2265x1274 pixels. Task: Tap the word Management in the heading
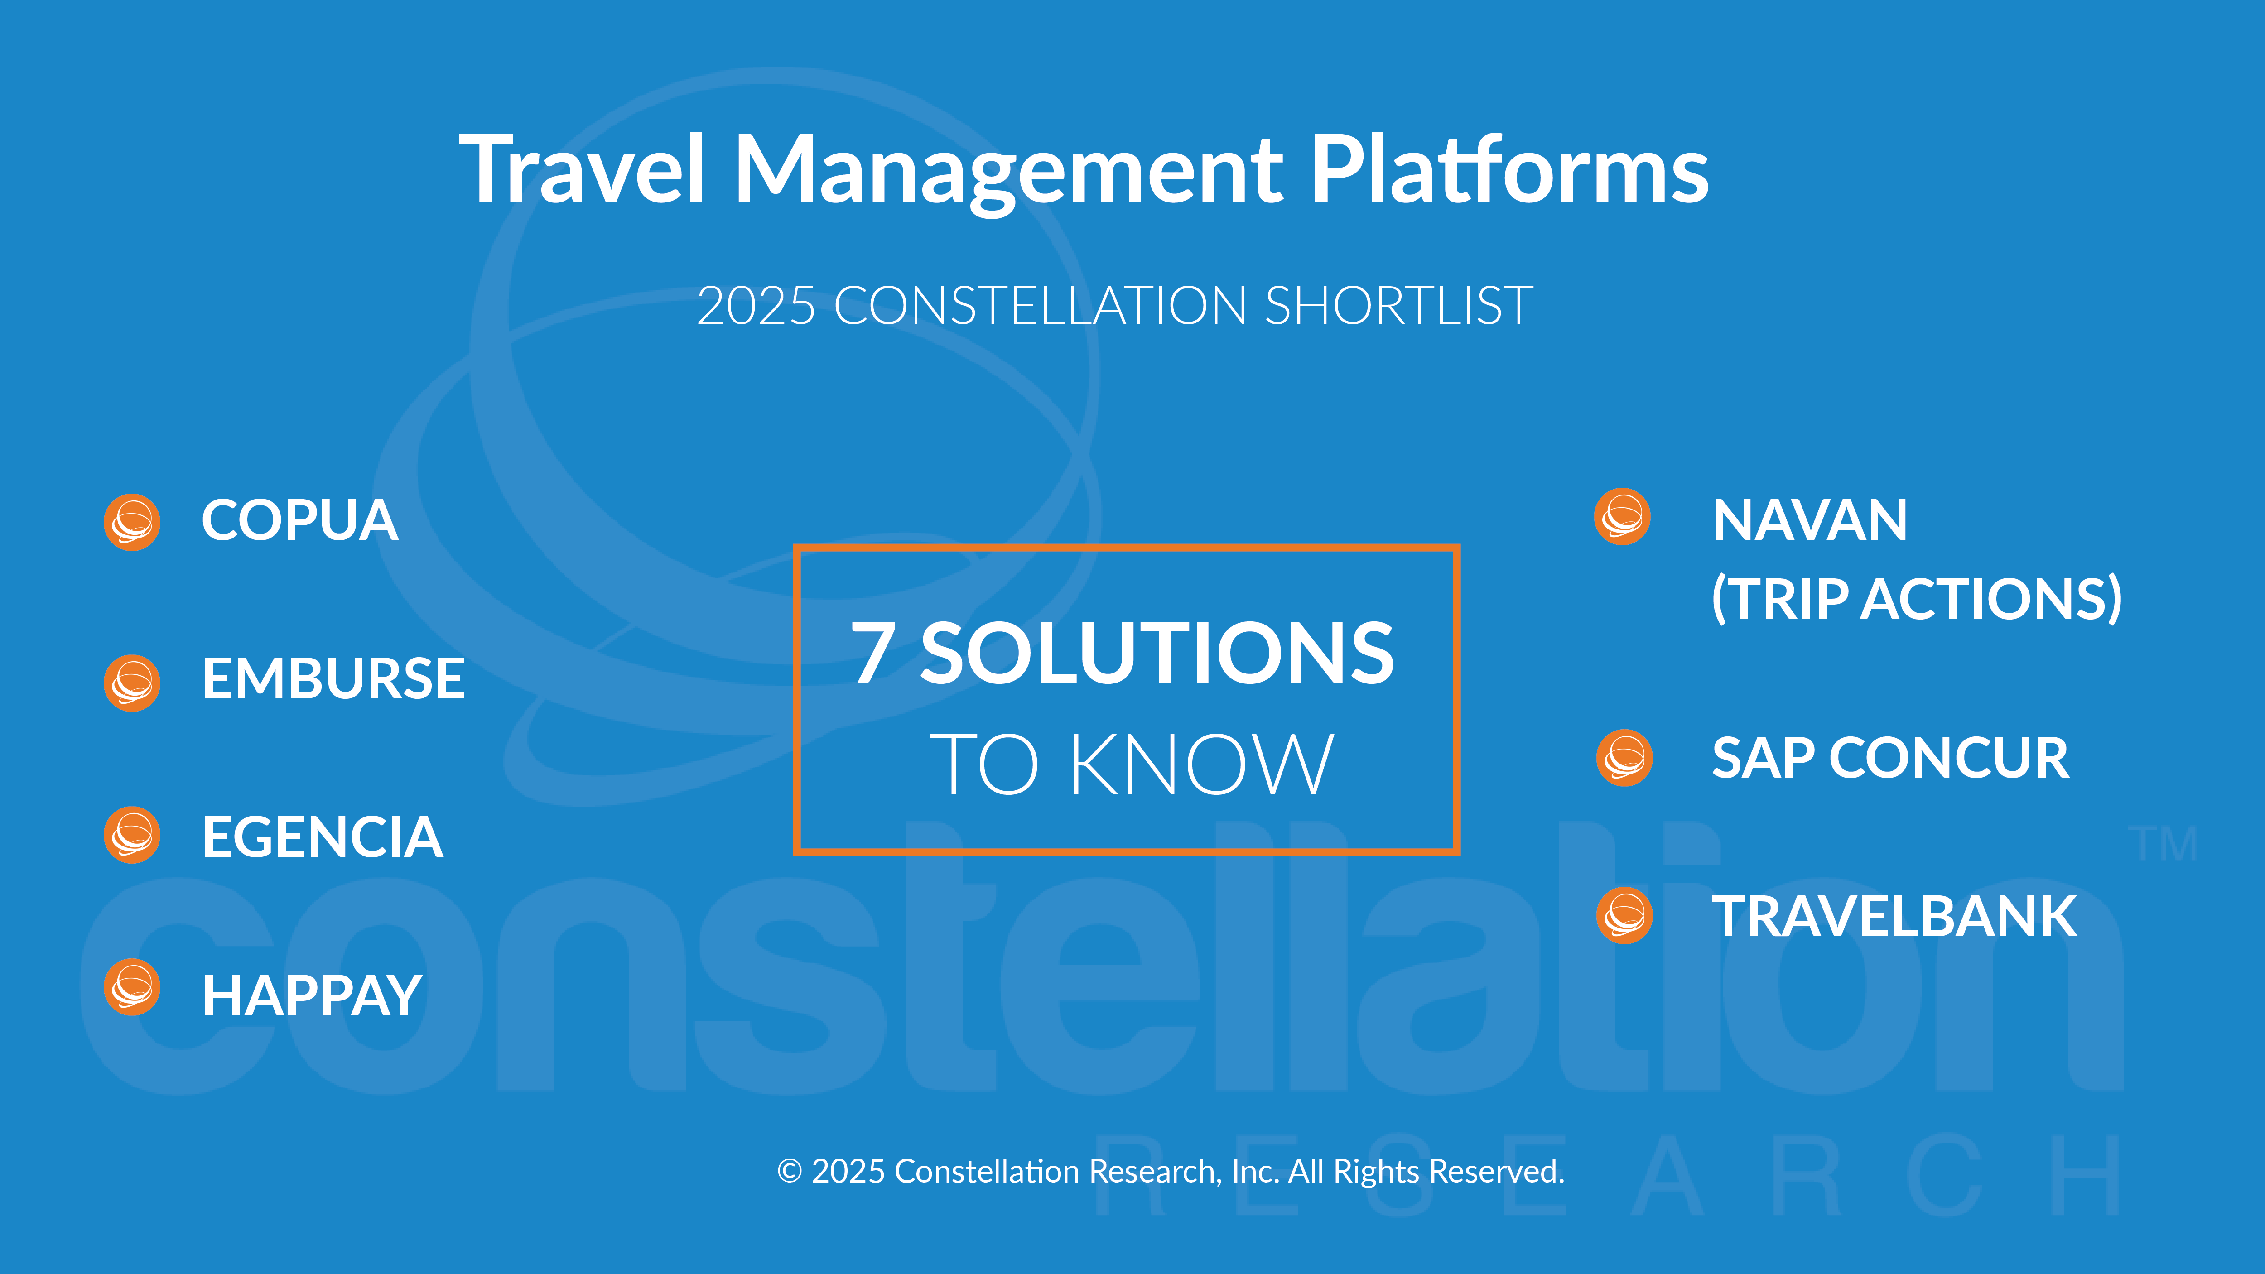pos(1007,173)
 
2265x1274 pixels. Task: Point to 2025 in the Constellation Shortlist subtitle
pos(756,306)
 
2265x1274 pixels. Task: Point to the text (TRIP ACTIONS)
pos(1917,600)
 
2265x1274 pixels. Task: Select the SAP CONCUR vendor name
pos(1890,758)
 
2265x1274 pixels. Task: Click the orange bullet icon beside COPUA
pos(132,522)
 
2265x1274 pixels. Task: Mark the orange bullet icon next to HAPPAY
pos(132,986)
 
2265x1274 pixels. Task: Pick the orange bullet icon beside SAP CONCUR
pos(1624,758)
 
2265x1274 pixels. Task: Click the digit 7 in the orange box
pos(873,652)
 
